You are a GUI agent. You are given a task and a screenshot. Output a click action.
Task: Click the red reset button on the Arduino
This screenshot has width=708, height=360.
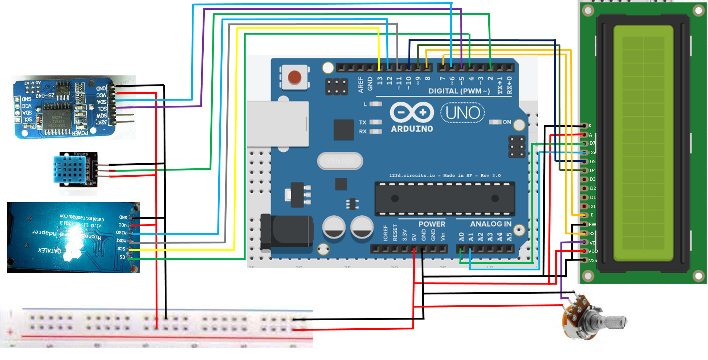(x=294, y=77)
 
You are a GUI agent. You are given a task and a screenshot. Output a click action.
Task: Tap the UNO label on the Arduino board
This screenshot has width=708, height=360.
(x=462, y=113)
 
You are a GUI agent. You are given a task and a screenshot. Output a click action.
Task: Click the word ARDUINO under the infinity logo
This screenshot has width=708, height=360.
(x=412, y=129)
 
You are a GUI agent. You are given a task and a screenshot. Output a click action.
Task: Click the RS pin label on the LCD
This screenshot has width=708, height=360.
(x=592, y=234)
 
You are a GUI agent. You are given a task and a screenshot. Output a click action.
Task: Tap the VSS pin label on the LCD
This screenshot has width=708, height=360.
(x=593, y=260)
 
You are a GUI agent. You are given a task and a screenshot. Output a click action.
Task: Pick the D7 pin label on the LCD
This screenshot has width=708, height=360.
(x=592, y=143)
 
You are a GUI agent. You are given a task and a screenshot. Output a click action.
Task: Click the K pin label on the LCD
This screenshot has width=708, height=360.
(x=590, y=126)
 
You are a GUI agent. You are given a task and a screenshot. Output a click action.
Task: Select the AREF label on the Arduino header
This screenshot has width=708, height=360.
(x=361, y=85)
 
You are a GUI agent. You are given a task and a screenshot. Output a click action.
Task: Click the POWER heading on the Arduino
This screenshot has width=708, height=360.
(x=432, y=224)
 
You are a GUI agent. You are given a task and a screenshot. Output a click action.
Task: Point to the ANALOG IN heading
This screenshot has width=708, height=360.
(x=490, y=224)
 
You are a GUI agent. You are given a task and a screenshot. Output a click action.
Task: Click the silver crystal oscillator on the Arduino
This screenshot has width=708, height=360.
(x=340, y=161)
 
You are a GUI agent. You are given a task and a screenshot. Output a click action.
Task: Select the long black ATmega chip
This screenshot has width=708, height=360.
(x=445, y=199)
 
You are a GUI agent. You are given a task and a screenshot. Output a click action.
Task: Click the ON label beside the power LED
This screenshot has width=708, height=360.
(x=506, y=122)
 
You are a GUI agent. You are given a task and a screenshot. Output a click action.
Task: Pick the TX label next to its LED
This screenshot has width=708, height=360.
(x=363, y=122)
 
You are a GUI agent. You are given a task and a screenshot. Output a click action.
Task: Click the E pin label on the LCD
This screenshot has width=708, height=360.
(x=592, y=215)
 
